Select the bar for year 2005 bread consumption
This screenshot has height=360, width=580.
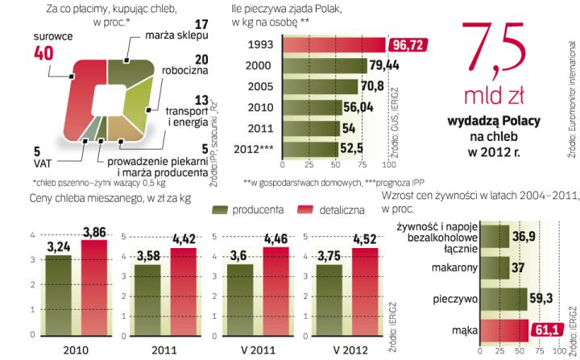coord(325,86)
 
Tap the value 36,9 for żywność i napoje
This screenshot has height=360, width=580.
coord(529,236)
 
